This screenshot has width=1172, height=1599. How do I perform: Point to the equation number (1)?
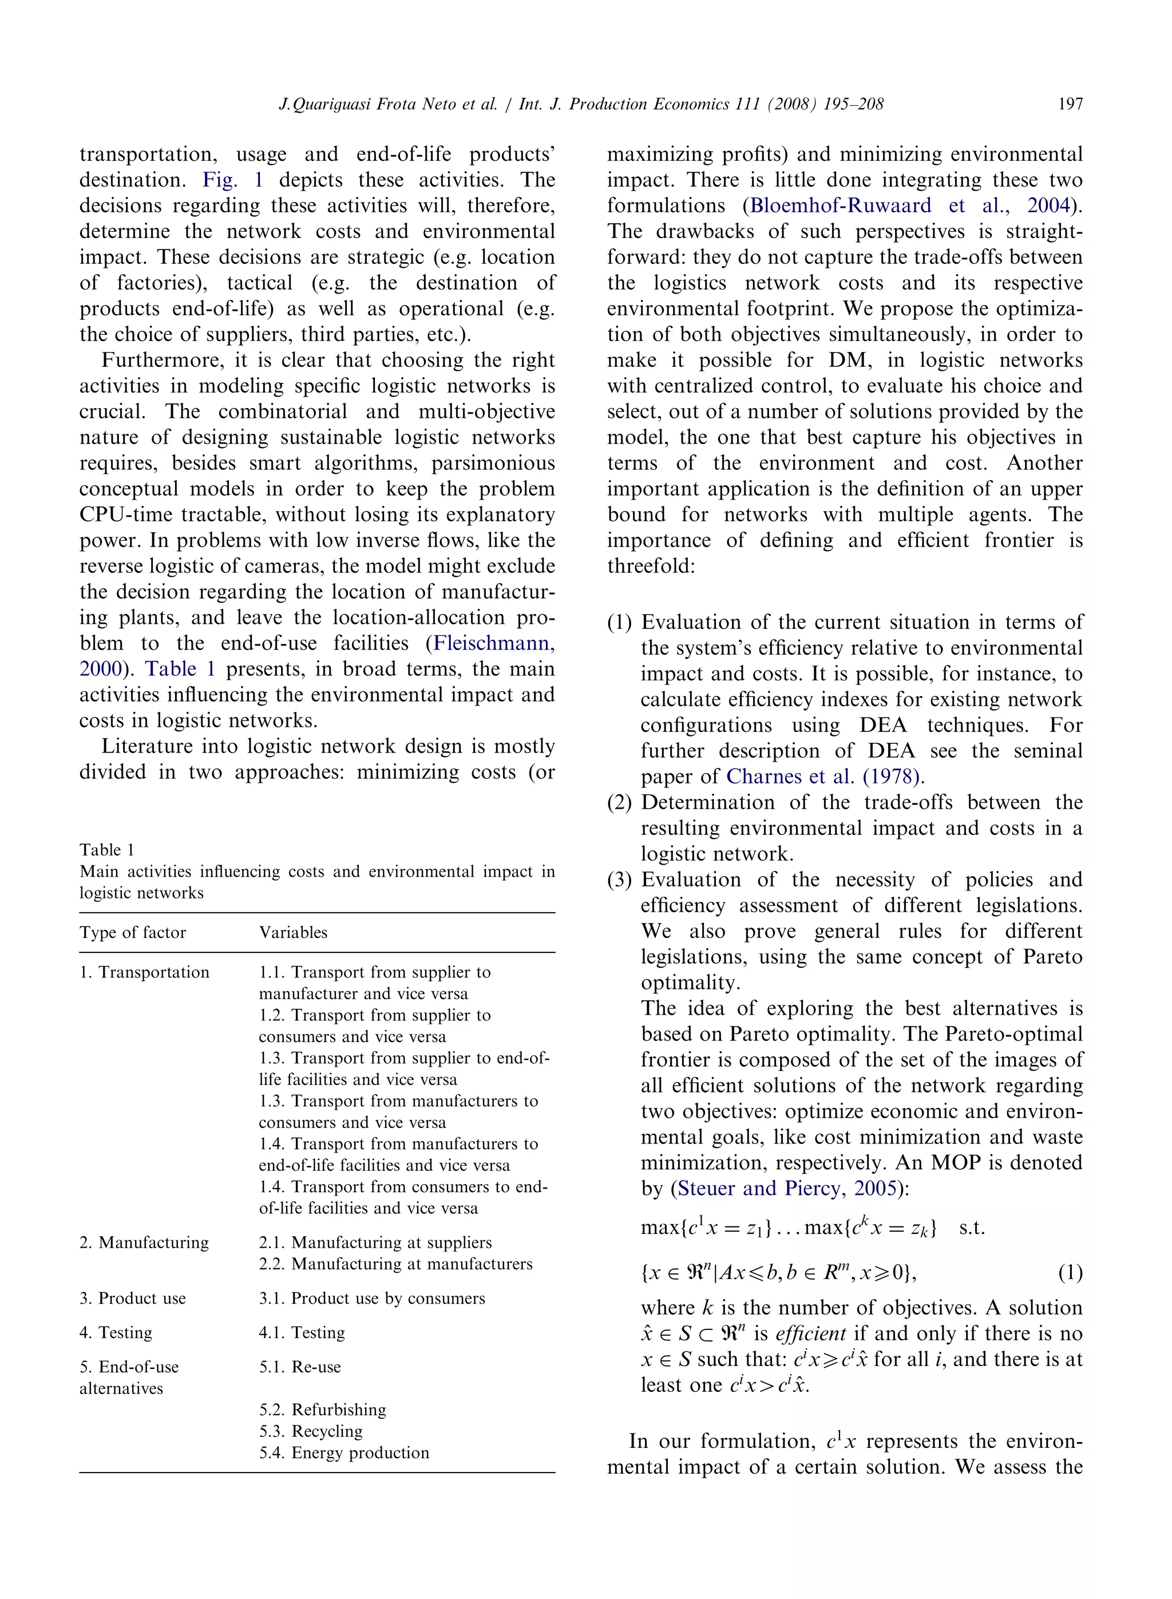[1070, 1273]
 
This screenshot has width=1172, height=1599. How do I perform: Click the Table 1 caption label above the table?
[106, 850]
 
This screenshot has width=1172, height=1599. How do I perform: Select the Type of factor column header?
[133, 932]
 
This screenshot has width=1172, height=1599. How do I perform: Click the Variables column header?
[293, 932]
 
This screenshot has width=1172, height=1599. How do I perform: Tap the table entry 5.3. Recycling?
[311, 1431]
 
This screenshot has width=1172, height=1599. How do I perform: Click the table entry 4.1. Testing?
[302, 1332]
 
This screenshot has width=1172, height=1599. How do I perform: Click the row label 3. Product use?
[133, 1298]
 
